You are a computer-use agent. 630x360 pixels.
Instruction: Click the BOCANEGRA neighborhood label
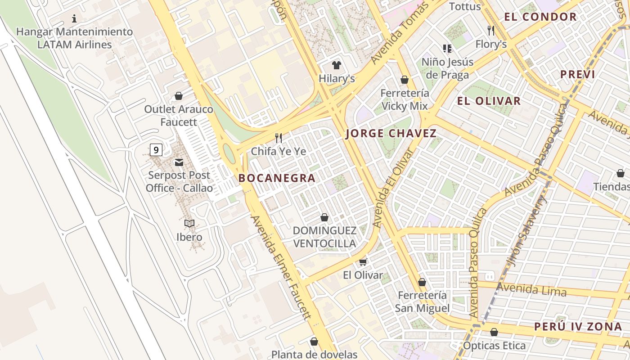(x=277, y=178)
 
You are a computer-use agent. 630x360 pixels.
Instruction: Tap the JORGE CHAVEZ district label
(x=391, y=133)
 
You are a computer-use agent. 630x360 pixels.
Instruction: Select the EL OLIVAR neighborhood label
(x=489, y=101)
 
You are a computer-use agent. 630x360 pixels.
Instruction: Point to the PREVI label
(x=577, y=75)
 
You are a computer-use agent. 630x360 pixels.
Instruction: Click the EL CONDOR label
(x=540, y=17)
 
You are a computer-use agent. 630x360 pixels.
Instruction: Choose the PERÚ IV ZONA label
(x=578, y=327)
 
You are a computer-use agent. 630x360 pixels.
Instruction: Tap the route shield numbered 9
(x=156, y=149)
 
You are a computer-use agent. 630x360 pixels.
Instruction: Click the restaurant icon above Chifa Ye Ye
(x=279, y=138)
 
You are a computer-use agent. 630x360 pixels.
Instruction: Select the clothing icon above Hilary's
(x=336, y=65)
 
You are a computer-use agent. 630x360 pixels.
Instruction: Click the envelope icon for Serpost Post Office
(x=179, y=162)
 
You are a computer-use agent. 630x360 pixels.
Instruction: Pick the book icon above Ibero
(x=189, y=223)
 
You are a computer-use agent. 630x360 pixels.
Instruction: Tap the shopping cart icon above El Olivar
(x=363, y=262)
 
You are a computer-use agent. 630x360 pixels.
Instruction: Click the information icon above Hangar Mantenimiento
(x=74, y=18)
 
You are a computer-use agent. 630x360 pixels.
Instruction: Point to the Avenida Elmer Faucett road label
(x=281, y=267)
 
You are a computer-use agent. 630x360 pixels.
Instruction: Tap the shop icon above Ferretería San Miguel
(x=422, y=282)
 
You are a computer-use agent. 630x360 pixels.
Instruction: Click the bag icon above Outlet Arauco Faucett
(x=179, y=96)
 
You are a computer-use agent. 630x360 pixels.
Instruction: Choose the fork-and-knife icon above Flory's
(x=491, y=30)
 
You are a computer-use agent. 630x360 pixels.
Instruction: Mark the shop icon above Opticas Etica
(x=494, y=332)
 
